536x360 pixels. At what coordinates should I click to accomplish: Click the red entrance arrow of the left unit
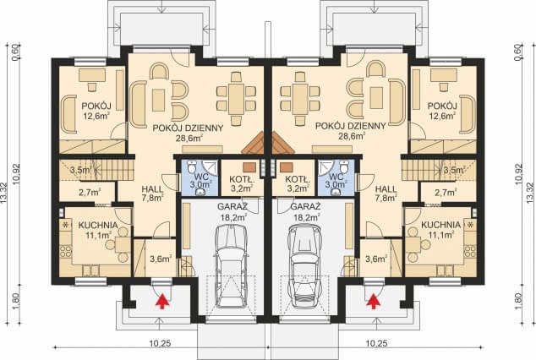(163, 302)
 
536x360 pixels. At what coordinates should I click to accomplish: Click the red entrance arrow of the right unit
(374, 302)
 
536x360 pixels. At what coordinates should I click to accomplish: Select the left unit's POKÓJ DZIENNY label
(188, 128)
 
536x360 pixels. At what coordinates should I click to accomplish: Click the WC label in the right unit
(336, 177)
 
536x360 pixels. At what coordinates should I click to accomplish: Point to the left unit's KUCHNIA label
(98, 226)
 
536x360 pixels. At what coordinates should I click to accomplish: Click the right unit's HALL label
(386, 189)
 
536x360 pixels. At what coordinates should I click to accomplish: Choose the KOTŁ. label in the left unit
(241, 179)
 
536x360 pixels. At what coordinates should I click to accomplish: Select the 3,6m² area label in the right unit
(376, 259)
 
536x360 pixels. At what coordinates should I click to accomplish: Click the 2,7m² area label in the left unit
(90, 193)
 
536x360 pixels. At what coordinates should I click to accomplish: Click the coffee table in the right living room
(376, 98)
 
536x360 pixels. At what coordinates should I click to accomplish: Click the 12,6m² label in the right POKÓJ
(441, 116)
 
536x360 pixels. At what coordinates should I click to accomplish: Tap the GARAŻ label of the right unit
(305, 207)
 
